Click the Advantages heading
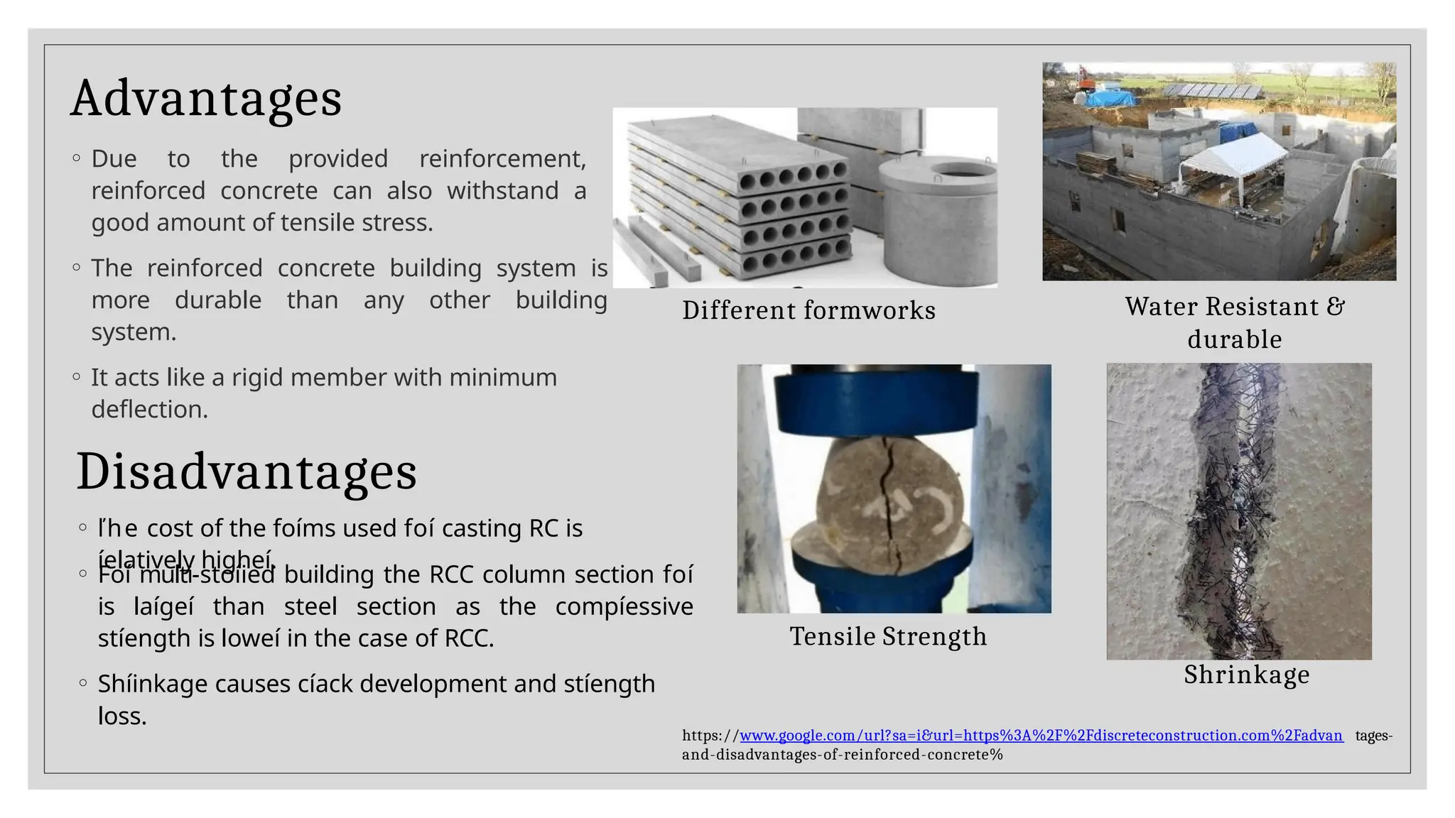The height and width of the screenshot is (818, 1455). pyautogui.click(x=206, y=99)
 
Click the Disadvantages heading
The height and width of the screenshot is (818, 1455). pyautogui.click(x=247, y=472)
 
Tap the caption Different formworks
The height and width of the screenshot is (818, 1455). pyautogui.click(x=808, y=310)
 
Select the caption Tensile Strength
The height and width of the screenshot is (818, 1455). pyautogui.click(x=888, y=636)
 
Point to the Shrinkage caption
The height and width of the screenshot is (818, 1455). pyautogui.click(x=1246, y=675)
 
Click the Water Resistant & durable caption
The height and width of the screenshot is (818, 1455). pyautogui.click(x=1235, y=322)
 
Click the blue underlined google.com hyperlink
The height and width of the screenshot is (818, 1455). pyautogui.click(x=1041, y=736)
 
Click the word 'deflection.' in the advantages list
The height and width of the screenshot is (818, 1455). pyautogui.click(x=149, y=410)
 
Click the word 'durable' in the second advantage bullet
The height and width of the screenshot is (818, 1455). pyautogui.click(x=218, y=300)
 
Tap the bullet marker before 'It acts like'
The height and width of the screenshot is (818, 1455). pyautogui.click(x=77, y=378)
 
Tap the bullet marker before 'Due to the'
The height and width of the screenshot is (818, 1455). pyautogui.click(x=77, y=158)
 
